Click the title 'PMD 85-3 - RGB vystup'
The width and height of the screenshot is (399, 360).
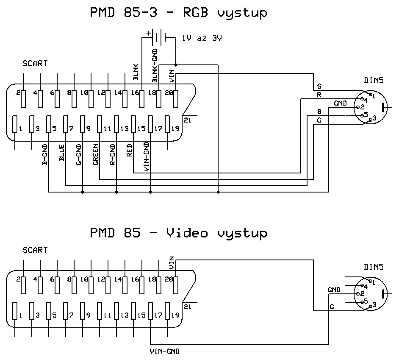pos(178,13)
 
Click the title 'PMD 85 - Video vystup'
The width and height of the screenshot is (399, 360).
pos(178,233)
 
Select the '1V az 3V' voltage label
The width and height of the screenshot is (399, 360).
pos(202,38)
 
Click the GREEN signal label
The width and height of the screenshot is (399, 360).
pos(96,155)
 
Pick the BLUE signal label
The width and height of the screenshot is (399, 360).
pos(62,153)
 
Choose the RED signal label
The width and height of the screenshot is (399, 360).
pos(130,151)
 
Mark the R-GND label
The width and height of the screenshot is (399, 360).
pos(113,155)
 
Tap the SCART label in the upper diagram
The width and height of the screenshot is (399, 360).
pos(35,64)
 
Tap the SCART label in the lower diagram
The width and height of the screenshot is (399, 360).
pos(35,250)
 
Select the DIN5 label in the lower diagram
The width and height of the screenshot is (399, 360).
pos(374,267)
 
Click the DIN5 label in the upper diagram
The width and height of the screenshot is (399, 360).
pos(374,81)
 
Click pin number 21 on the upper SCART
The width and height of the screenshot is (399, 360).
pos(188,120)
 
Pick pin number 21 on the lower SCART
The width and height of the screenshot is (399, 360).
pos(188,307)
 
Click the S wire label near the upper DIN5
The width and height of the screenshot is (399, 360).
pos(319,87)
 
